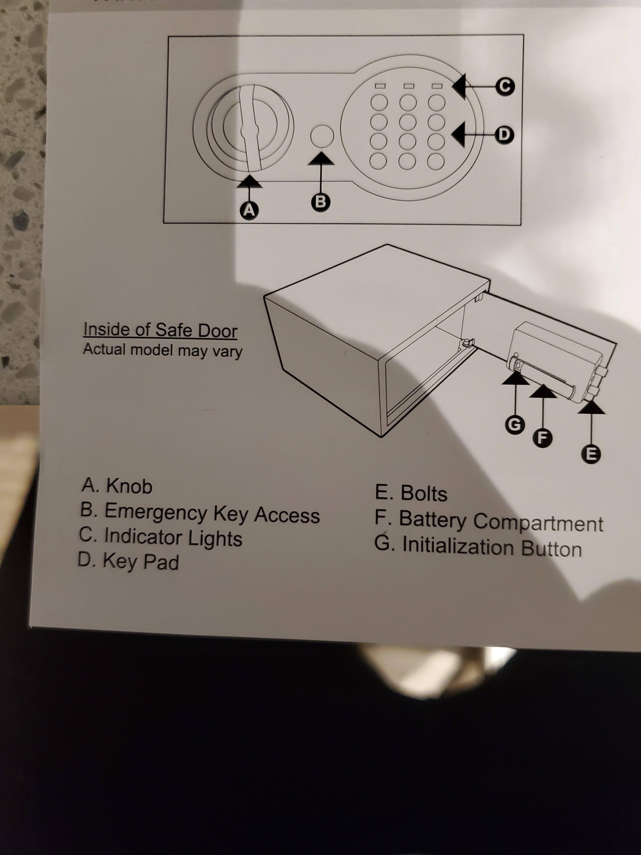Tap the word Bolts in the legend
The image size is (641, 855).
[424, 493]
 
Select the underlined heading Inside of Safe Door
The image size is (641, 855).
[160, 330]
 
